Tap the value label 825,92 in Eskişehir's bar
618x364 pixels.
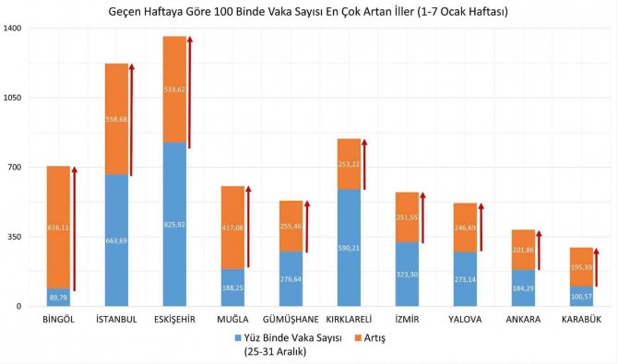(x=174, y=225)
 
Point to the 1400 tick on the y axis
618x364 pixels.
(x=13, y=29)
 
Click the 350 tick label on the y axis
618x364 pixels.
(x=16, y=237)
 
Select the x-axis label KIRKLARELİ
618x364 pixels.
(x=348, y=320)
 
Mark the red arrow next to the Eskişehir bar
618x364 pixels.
(x=190, y=92)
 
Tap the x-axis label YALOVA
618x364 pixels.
(x=464, y=320)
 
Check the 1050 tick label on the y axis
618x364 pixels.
(x=13, y=98)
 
